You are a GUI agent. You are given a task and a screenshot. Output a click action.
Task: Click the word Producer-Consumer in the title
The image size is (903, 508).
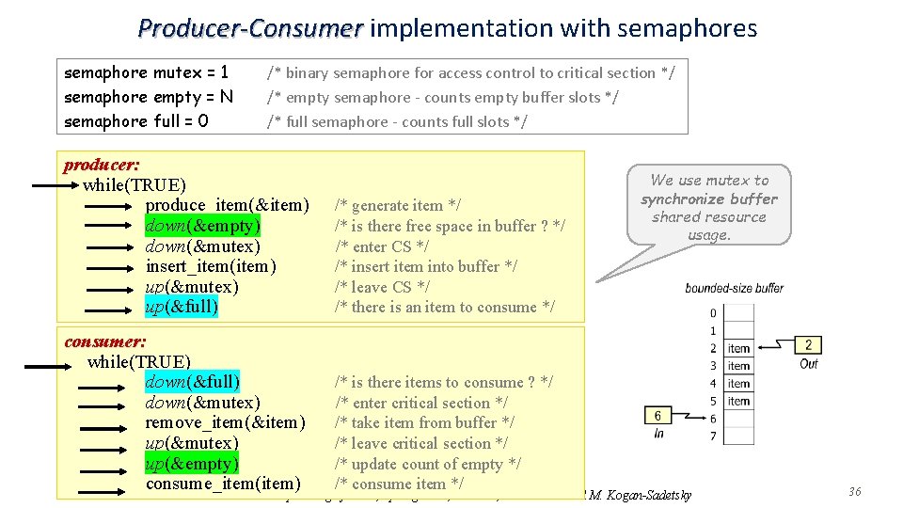point(249,28)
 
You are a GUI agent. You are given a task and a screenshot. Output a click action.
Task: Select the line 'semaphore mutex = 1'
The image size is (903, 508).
point(147,72)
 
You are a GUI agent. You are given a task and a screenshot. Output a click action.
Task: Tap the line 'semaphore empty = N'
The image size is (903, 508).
point(149,97)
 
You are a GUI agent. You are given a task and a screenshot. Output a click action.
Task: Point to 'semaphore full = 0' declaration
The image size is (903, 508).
point(136,121)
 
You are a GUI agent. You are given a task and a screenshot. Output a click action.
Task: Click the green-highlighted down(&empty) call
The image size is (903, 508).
point(203,226)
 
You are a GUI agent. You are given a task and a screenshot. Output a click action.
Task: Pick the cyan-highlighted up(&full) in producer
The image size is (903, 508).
point(182,307)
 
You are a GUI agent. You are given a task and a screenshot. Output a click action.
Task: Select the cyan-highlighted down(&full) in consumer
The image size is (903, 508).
point(193,382)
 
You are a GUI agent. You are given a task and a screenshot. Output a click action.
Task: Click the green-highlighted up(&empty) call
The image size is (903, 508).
point(192,464)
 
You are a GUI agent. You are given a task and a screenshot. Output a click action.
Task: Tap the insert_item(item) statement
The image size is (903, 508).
point(212,266)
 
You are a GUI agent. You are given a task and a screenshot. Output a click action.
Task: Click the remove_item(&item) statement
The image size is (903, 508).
point(226,422)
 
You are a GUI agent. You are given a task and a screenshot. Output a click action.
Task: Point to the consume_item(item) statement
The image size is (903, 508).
point(223,484)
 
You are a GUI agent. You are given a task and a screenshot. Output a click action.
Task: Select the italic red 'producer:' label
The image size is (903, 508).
point(102,166)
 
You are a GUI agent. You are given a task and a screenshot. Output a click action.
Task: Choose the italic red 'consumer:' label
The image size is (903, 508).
point(104,341)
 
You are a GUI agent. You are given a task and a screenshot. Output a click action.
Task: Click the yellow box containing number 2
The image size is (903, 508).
point(808,345)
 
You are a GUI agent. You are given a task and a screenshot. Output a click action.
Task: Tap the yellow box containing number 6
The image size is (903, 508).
point(657,416)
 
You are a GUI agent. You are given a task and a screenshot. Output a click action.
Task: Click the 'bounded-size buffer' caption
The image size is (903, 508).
point(734,288)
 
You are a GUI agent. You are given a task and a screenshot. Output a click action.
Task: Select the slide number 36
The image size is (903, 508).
point(854,492)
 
